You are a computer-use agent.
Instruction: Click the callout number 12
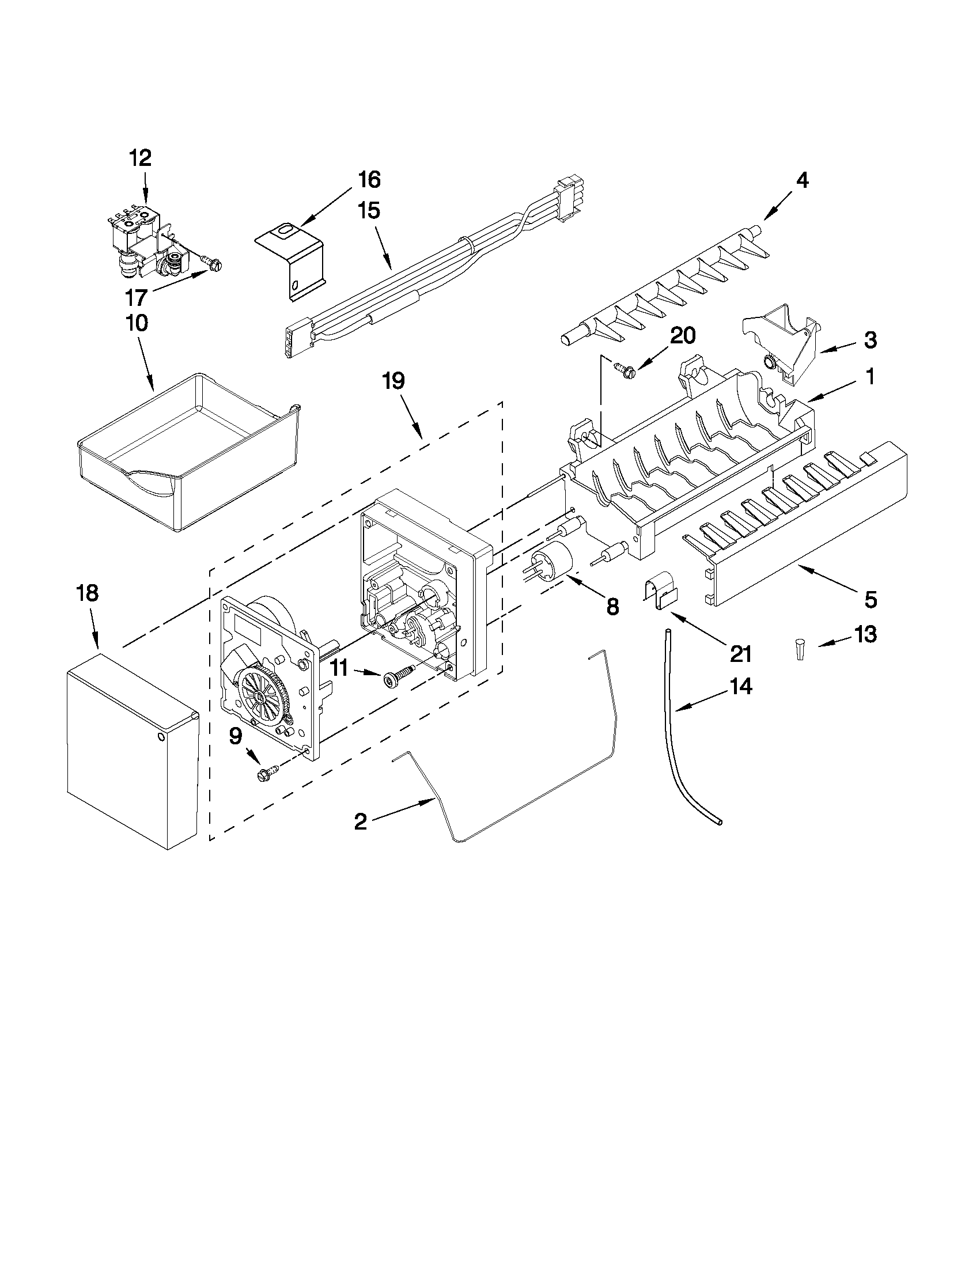[141, 158]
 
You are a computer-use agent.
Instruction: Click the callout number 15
[368, 210]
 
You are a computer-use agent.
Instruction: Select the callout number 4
[801, 180]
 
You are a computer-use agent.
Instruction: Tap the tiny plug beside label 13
[801, 650]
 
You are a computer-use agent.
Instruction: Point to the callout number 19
[393, 381]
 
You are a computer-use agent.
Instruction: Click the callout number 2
[361, 822]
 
